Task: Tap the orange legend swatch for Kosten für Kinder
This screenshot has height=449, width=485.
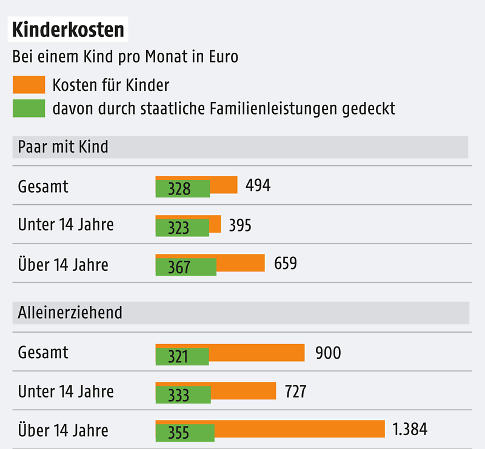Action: [28, 84]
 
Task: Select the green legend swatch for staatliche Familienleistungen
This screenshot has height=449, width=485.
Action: [28, 108]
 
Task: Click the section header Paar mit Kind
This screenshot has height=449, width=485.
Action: [63, 147]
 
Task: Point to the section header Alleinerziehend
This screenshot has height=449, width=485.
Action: [70, 312]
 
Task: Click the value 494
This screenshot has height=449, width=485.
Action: [258, 185]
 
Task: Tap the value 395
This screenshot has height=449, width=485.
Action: [240, 225]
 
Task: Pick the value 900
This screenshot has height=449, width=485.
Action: [328, 353]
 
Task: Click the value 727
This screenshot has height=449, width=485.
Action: [295, 391]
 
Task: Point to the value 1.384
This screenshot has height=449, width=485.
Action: [410, 430]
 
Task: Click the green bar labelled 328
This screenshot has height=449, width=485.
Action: [182, 189]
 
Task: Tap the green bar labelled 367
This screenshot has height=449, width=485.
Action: [186, 267]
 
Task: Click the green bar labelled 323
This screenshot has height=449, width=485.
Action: [182, 228]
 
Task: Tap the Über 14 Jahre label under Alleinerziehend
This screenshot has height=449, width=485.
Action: [63, 430]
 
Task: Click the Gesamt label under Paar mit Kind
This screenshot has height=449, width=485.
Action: [43, 187]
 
